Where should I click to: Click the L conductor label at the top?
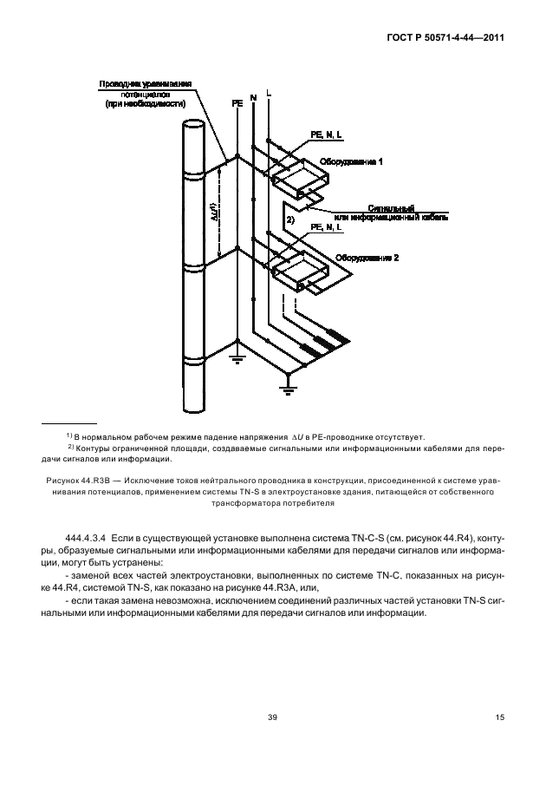coord(269,91)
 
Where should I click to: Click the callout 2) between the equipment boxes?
coord(291,221)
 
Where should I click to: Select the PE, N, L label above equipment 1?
coord(326,134)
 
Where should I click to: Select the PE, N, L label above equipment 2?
coord(326,227)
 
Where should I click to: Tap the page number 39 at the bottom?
coord(272,717)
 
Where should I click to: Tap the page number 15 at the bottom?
coord(499,717)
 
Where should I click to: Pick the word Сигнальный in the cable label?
coord(392,209)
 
